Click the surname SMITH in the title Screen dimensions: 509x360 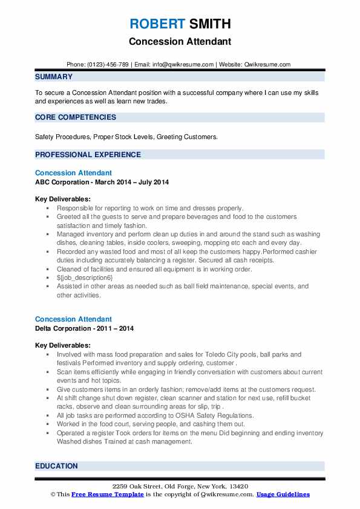pos(209,24)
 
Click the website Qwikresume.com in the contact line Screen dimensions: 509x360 pos(267,64)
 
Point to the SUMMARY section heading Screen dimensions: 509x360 pos(54,77)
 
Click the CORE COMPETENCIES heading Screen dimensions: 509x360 pos(76,117)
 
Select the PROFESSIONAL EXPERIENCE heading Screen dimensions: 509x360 pos(88,155)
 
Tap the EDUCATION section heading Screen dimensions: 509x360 pos(56,466)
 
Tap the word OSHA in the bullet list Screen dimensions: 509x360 pos(175,415)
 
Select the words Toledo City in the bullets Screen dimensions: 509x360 pos(213,355)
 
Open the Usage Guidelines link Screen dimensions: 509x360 pos(283,494)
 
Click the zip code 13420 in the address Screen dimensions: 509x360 pos(238,486)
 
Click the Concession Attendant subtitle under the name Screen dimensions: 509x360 pos(180,42)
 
